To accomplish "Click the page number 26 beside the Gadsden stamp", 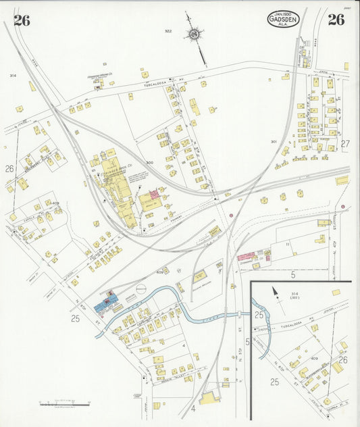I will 336,20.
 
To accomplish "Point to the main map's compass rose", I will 195,34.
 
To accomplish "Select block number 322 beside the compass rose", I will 168,31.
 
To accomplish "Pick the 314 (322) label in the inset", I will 295,296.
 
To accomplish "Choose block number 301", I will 274,141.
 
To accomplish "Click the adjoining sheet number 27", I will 345,143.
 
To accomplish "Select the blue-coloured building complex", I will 105,302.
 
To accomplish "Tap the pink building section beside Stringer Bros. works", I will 153,194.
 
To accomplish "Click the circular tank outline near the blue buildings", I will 140,288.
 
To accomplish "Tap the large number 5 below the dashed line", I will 293,275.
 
